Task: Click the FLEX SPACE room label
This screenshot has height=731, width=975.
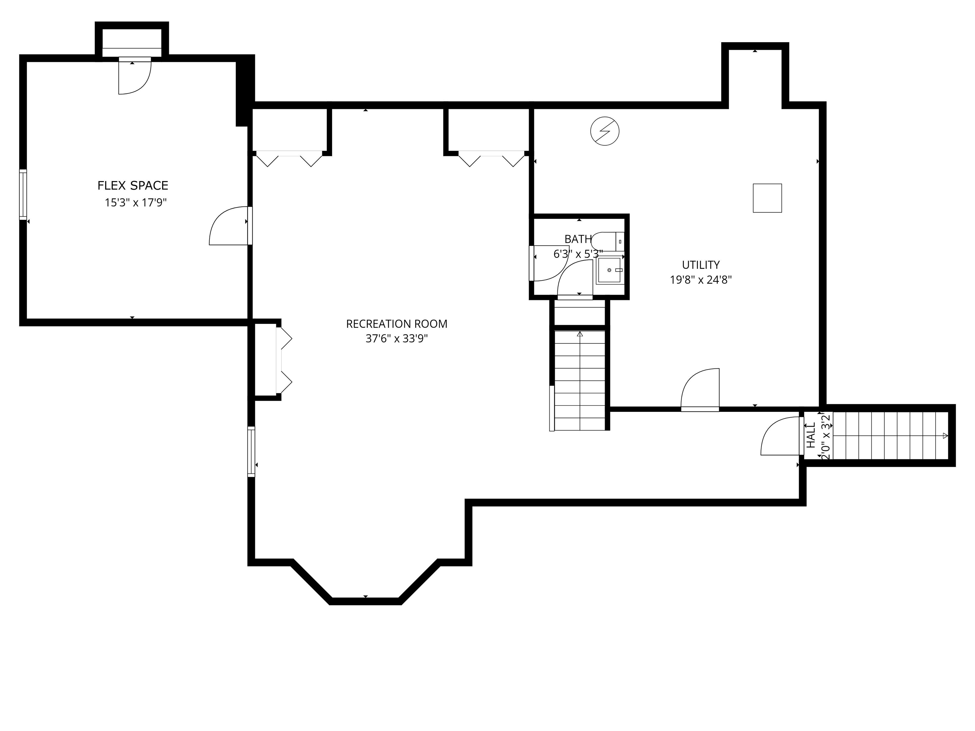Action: click(x=133, y=186)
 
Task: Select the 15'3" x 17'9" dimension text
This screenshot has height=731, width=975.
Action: click(x=135, y=203)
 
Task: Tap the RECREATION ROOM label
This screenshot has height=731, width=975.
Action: click(x=397, y=324)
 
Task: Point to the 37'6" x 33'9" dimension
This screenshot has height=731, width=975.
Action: click(x=397, y=339)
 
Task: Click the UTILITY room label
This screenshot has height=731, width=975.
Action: click(x=700, y=265)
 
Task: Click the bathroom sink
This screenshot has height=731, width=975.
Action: click(x=609, y=270)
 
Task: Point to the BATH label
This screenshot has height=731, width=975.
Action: click(x=578, y=239)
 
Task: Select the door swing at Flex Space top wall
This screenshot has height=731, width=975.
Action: click(x=135, y=77)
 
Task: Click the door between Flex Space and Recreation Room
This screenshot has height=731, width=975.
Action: click(x=229, y=226)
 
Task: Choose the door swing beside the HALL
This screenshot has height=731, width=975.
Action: click(x=780, y=437)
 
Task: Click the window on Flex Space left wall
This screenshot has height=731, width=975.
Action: click(x=23, y=194)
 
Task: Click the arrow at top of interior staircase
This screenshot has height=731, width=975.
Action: click(x=580, y=334)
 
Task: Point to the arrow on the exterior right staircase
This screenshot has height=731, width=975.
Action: click(x=945, y=436)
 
